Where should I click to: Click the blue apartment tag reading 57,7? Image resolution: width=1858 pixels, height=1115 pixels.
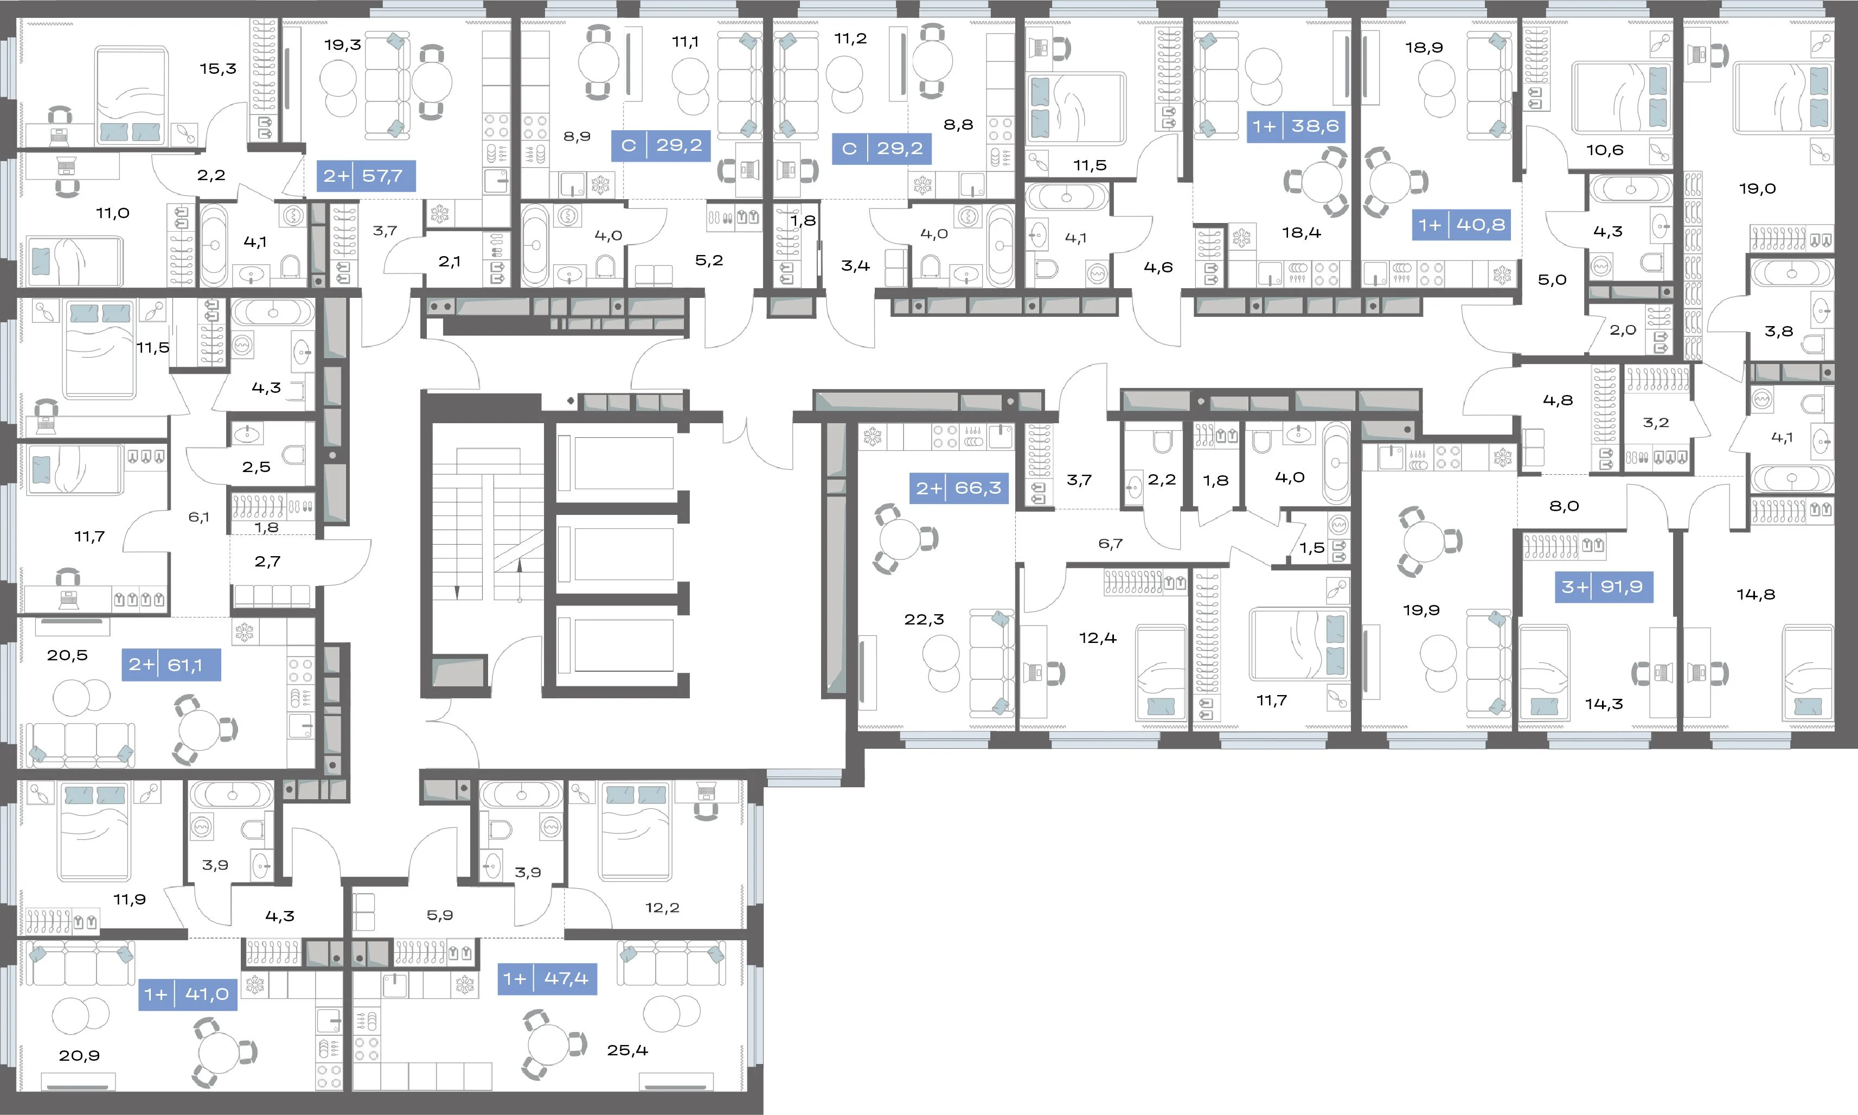pos(366,176)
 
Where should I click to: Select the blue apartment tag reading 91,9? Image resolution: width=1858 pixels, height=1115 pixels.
pos(1604,587)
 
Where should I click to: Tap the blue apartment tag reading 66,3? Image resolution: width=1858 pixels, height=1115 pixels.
pos(959,488)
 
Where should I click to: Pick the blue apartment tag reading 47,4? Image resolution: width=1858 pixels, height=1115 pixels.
pos(547,978)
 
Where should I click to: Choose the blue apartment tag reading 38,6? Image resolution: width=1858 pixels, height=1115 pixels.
pos(1296,126)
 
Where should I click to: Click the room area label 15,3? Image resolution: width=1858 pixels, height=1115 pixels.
pos(218,69)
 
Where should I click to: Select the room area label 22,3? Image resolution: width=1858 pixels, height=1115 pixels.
pos(924,620)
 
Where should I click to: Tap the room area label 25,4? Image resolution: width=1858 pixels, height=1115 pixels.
pos(627,1050)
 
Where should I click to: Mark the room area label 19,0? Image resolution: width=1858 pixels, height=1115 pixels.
pos(1757,189)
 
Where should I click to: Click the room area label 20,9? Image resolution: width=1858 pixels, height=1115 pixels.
pos(79,1056)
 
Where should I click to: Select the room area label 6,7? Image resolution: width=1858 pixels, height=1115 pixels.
pos(1110,543)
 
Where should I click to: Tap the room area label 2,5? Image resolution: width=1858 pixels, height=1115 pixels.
pos(256,467)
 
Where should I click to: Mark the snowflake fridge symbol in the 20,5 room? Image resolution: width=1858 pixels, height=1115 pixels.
pos(244,632)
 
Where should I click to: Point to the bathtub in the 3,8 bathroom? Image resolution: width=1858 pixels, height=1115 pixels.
pos(1792,273)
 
